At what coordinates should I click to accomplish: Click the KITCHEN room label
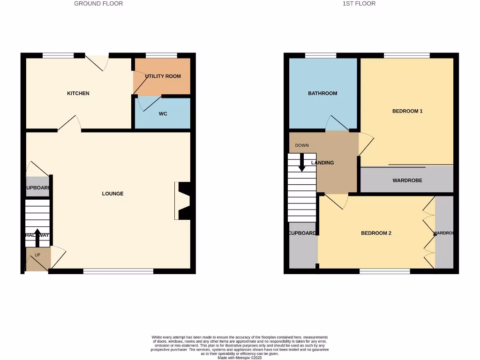pyautogui.click(x=78, y=93)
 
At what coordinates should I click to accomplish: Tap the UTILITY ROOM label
pyautogui.click(x=163, y=76)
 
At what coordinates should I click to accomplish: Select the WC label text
pyautogui.click(x=163, y=114)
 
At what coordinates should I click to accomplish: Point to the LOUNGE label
pyautogui.click(x=113, y=194)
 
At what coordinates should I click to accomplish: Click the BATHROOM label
pyautogui.click(x=322, y=93)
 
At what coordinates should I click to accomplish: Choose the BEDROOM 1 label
pyautogui.click(x=407, y=111)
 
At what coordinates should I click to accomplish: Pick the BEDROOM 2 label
pyautogui.click(x=376, y=233)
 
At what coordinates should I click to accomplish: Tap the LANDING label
pyautogui.click(x=323, y=163)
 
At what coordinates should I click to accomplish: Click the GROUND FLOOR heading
pyautogui.click(x=98, y=4)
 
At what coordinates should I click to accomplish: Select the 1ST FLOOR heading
pyautogui.click(x=359, y=4)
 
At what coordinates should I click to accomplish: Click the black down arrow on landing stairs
pyautogui.click(x=302, y=162)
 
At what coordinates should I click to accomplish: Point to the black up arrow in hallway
pyautogui.click(x=37, y=237)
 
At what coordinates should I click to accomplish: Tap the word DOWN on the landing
pyautogui.click(x=302, y=145)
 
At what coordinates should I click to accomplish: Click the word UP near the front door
pyautogui.click(x=37, y=255)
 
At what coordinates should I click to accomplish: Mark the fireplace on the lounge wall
pyautogui.click(x=182, y=201)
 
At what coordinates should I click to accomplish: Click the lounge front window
pyautogui.click(x=118, y=270)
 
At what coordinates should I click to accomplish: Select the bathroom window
pyautogui.click(x=321, y=55)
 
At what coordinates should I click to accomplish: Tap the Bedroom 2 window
pyautogui.click(x=385, y=270)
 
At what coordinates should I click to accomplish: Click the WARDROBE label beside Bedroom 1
pyautogui.click(x=407, y=180)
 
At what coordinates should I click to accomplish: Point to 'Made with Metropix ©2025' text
pyautogui.click(x=240, y=358)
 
